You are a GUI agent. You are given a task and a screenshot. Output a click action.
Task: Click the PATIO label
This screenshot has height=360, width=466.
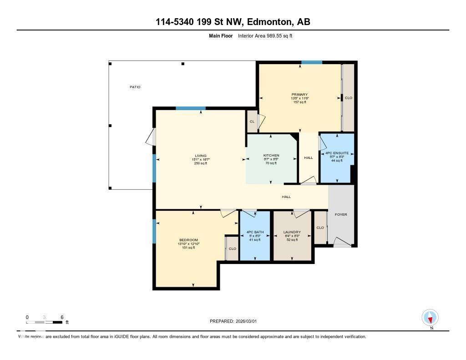point(135,87)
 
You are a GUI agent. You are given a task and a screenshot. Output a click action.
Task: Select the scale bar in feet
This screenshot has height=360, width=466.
point(45,322)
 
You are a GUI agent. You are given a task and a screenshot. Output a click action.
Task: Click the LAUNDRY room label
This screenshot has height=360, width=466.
point(292,232)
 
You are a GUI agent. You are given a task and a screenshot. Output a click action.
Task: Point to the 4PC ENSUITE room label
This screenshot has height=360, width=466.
point(337,153)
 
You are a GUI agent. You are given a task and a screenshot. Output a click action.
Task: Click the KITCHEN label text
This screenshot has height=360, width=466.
point(271,156)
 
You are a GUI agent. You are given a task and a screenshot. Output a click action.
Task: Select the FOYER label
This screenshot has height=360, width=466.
point(341,214)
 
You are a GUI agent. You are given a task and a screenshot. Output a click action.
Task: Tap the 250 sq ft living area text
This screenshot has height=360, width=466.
point(201,163)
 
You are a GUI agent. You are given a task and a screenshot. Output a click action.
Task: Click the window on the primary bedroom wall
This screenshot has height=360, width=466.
point(312,62)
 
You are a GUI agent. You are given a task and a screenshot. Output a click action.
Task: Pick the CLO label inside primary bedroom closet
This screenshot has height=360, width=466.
point(348,98)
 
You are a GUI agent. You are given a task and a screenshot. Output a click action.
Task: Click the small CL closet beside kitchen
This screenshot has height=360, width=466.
point(252,122)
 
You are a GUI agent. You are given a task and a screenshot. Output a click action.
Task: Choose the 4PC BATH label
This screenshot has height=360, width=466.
point(255,232)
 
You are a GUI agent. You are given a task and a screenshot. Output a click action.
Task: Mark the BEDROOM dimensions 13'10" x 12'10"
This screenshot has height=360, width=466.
point(188,244)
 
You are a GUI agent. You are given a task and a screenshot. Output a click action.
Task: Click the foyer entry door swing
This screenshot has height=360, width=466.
point(342,244)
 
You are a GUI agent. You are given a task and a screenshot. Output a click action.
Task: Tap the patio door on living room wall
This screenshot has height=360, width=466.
point(153,137)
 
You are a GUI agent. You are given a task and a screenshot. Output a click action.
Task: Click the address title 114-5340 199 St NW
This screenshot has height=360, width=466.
point(233,22)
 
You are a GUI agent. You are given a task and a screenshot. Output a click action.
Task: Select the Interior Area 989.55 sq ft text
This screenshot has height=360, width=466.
point(265,35)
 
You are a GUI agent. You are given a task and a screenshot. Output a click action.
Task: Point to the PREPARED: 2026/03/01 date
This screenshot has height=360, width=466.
point(236,321)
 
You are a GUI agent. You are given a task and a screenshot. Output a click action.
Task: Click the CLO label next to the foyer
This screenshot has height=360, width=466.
point(320,228)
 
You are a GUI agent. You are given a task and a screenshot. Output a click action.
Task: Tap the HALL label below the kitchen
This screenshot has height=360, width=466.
point(286,197)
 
